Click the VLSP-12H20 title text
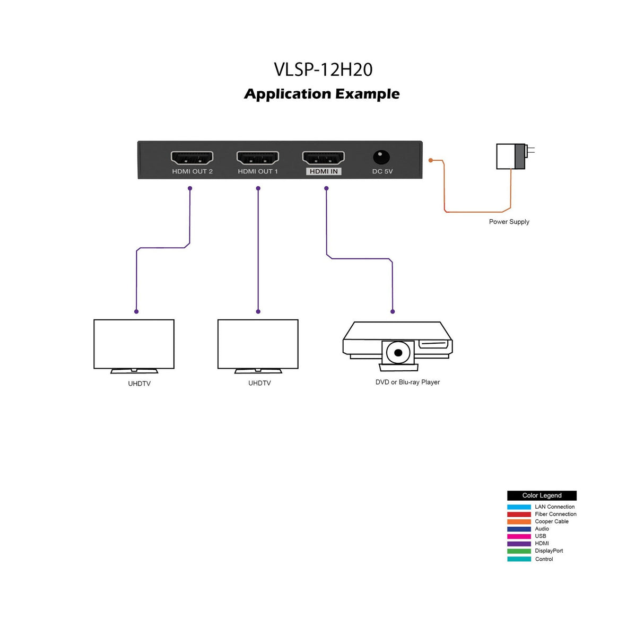pos(323,69)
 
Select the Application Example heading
pos(321,94)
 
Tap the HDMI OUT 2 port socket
pos(192,158)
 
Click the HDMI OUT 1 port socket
pos(258,158)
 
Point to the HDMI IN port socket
pos(323,158)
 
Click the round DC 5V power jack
pos(381,157)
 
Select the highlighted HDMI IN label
pos(324,171)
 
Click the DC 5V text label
pos(382,171)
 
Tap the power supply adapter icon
pos(511,156)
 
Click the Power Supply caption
pos(509,222)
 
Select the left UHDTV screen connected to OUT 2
pos(134,344)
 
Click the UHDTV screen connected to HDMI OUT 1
pos(258,344)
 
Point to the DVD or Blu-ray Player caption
pos(407,382)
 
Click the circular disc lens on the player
pos(398,353)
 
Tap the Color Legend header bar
pos(542,495)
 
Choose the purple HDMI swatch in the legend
pos(519,544)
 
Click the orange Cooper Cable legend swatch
pos(519,521)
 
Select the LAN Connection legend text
pos(554,507)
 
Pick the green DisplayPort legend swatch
pos(519,551)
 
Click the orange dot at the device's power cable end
pos(431,160)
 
